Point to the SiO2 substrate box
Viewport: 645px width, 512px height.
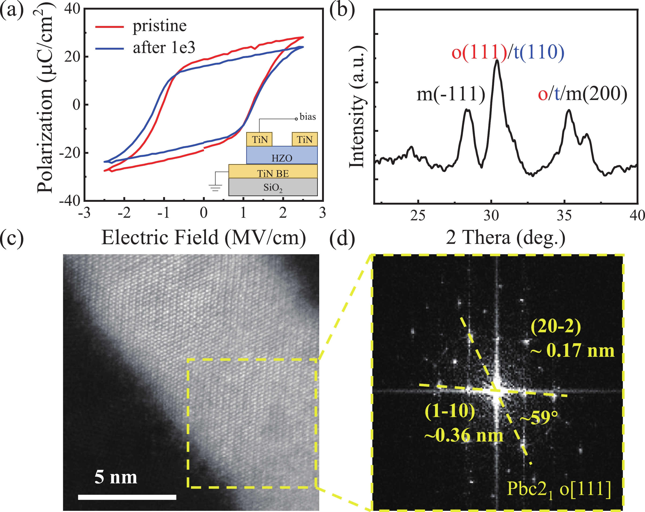(273, 188)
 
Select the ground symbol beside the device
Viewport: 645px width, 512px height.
(215, 188)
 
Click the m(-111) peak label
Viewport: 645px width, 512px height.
(451, 94)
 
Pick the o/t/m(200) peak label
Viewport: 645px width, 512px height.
(582, 94)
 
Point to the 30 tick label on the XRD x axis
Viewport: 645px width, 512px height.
(491, 215)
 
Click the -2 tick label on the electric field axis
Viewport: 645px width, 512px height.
(124, 213)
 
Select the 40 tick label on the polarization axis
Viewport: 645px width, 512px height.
(72, 9)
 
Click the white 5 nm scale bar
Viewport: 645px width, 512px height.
(127, 497)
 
